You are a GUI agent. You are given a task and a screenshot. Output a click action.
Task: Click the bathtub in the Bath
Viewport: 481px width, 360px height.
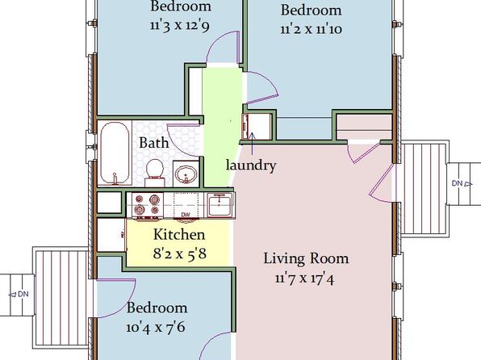[115, 153]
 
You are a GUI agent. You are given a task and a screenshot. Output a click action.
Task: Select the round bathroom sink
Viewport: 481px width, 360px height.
[186, 174]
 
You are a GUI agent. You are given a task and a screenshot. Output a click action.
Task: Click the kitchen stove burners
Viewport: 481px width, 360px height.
[147, 205]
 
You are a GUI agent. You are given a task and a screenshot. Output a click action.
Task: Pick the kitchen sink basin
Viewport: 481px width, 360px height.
[220, 205]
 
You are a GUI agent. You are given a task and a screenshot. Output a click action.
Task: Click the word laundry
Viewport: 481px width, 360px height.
[251, 165]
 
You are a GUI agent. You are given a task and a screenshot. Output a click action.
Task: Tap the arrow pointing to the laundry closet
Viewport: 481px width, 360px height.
[252, 143]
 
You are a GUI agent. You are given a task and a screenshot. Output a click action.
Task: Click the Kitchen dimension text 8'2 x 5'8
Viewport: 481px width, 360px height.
[180, 253]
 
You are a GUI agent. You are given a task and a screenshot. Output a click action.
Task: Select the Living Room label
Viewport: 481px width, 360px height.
[306, 258]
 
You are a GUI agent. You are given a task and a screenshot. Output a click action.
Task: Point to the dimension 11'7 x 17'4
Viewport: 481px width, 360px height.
[304, 278]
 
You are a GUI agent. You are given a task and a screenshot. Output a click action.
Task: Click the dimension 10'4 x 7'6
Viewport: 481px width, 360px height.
[156, 327]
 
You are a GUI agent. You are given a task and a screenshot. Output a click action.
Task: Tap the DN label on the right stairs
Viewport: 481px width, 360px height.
[457, 183]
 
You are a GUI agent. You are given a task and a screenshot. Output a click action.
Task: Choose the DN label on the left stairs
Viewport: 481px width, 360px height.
[23, 294]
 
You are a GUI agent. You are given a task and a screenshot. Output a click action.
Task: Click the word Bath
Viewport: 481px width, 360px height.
[154, 143]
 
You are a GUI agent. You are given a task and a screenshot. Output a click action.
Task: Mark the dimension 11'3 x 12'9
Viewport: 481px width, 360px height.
[180, 25]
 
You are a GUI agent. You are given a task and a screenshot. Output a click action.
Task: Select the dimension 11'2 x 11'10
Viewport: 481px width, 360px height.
[311, 30]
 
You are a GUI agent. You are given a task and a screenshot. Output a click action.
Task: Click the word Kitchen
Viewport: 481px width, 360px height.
[179, 234]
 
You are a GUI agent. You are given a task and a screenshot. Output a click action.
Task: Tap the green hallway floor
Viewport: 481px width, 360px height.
[221, 123]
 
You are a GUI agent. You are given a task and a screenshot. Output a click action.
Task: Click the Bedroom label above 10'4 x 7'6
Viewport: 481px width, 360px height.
[157, 308]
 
